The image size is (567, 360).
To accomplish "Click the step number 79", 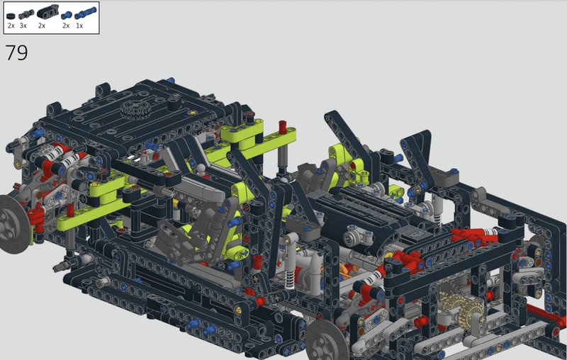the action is [16, 52].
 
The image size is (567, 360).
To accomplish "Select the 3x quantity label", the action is [23, 26].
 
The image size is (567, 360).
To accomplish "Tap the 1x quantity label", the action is [79, 26].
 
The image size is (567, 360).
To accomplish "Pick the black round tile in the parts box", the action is [11, 16].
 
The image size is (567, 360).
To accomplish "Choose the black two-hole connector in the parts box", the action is [47, 12].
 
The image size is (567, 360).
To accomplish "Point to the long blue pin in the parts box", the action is [86, 13].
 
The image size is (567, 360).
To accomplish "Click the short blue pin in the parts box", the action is [67, 15].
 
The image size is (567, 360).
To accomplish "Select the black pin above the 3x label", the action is [26, 14].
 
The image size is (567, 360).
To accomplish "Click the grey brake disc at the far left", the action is [13, 224].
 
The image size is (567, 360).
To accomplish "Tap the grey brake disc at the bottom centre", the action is [327, 342].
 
